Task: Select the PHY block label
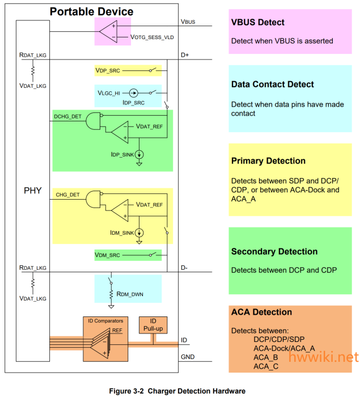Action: pyautogui.click(x=32, y=191)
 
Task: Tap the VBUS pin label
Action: pyautogui.click(x=188, y=22)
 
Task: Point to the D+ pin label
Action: pyautogui.click(x=185, y=54)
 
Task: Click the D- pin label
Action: pyautogui.click(x=185, y=267)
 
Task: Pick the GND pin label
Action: pyautogui.click(x=188, y=358)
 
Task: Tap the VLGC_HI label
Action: pyautogui.click(x=108, y=92)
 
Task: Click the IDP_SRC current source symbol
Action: pyautogui.click(x=134, y=92)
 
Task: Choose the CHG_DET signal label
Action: pyautogui.click(x=67, y=195)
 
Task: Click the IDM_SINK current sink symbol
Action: pyautogui.click(x=139, y=232)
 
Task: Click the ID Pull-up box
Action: pyautogui.click(x=153, y=325)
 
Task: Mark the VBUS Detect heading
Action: pyautogui.click(x=257, y=23)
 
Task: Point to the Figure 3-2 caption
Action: pyautogui.click(x=177, y=391)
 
